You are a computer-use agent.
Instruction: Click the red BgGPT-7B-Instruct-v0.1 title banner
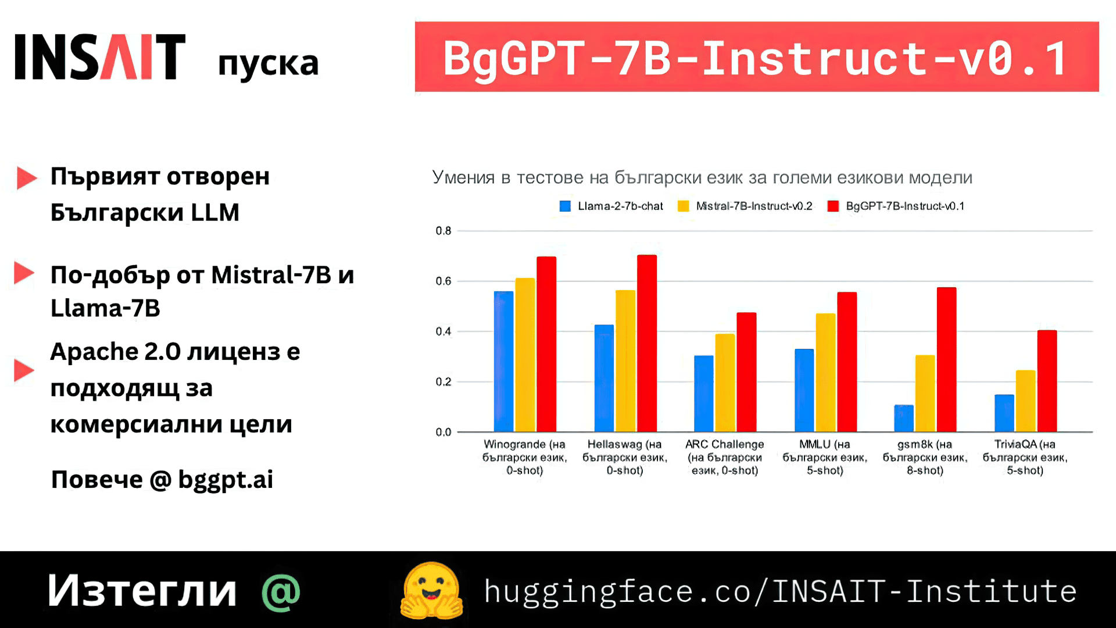coord(756,57)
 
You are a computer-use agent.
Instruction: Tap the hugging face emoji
coord(432,591)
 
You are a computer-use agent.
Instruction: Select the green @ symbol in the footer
coord(281,593)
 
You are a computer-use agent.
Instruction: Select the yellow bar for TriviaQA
coord(1025,401)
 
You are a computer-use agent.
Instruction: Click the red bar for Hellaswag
coord(646,343)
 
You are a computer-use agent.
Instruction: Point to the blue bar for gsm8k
coord(904,419)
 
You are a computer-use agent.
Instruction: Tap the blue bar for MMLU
coord(804,390)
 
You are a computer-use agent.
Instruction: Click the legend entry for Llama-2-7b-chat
coord(611,206)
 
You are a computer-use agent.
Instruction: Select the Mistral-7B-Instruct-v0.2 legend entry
coord(745,206)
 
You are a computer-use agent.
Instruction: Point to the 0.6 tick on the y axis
coord(443,281)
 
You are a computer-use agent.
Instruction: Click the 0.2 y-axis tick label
coord(443,382)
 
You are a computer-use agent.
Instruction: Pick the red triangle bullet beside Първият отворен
coord(26,178)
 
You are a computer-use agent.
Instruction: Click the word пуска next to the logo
coord(268,64)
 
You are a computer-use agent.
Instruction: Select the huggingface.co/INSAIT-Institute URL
coord(780,591)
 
